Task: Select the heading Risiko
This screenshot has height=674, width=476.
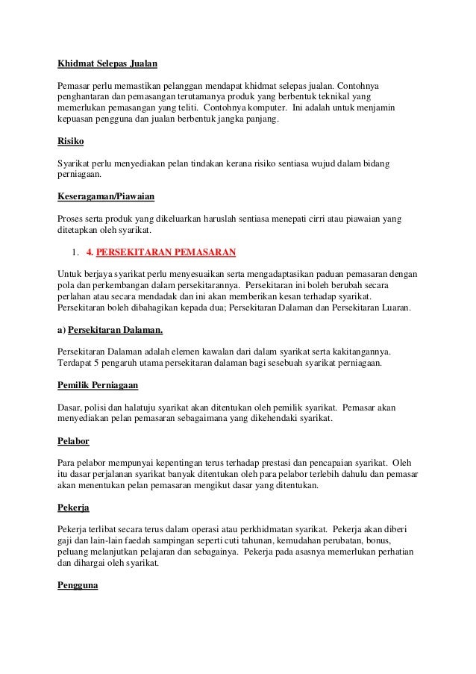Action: [x=70, y=140]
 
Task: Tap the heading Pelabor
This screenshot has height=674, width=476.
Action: [x=75, y=440]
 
